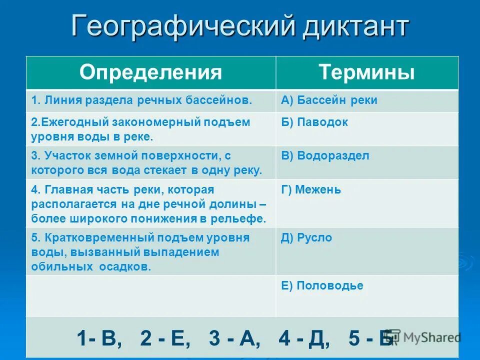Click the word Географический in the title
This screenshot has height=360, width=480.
[183, 26]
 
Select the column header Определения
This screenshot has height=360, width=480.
[150, 72]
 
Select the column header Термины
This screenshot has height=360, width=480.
[366, 72]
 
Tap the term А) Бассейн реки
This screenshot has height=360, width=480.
[329, 100]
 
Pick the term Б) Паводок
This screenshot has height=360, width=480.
[314, 122]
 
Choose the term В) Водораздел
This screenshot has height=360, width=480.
[325, 155]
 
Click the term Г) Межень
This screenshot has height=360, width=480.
[311, 189]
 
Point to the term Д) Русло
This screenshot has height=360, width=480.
[306, 238]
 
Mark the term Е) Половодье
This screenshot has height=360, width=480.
[322, 286]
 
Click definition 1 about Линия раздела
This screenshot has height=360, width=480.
[141, 100]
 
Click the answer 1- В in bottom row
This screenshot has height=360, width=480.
[99, 338]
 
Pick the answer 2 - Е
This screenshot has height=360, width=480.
[165, 338]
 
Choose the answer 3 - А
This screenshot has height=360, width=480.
[234, 338]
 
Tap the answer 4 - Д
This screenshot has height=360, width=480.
[304, 338]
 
